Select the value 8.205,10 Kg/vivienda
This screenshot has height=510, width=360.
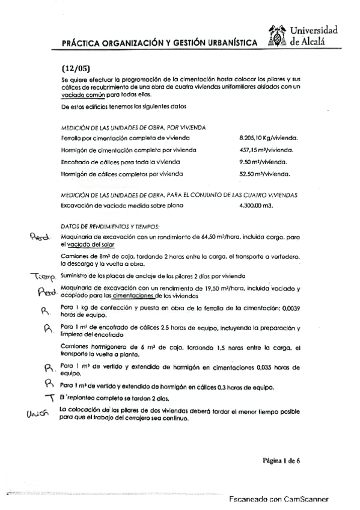[x=269, y=137]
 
